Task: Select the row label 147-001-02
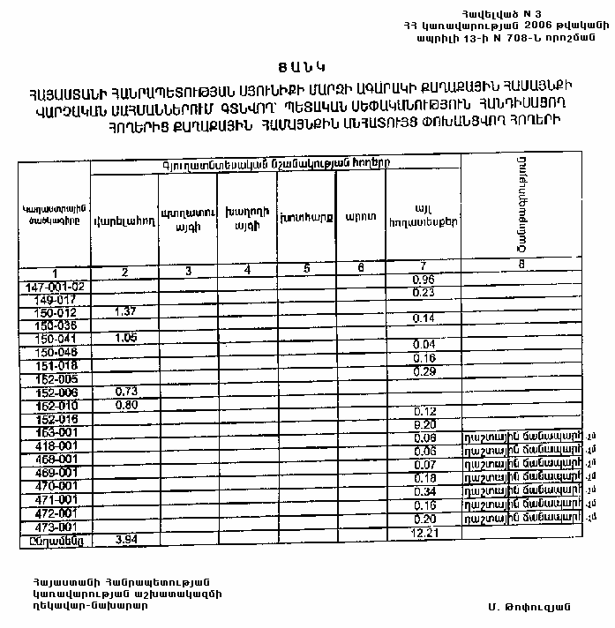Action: [55, 288]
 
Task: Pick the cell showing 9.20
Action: [424, 424]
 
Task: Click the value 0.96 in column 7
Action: [424, 280]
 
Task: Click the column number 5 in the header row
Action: [306, 269]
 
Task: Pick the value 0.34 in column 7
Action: [424, 490]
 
